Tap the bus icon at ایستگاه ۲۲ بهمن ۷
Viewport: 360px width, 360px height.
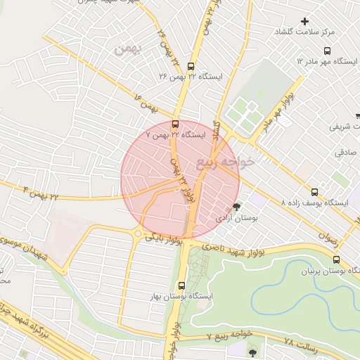tap(175, 124)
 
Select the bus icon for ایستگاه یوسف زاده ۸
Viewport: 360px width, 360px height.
tap(314, 192)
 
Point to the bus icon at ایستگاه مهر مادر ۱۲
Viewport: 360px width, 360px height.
tap(327, 51)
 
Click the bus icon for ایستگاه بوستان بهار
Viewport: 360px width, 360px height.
tap(182, 285)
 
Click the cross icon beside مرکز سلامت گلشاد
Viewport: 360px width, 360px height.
tap(304, 21)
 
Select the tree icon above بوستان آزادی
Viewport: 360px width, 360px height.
tap(236, 207)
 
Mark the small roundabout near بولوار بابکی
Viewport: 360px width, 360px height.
tap(139, 234)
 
